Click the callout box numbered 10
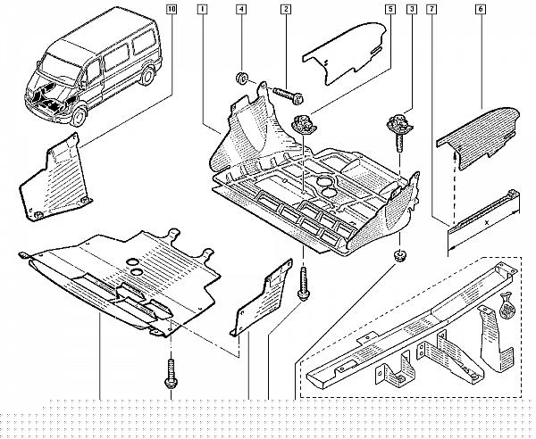click(x=172, y=9)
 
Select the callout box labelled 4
click(x=241, y=9)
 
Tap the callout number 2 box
click(x=286, y=9)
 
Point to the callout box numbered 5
click(x=390, y=9)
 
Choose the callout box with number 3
click(x=412, y=9)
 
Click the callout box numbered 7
click(x=431, y=9)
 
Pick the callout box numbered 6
click(x=481, y=9)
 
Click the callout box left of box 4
click(x=203, y=9)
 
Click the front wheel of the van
click(x=79, y=116)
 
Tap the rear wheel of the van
click(x=147, y=76)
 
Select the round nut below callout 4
click(x=242, y=79)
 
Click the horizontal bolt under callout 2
click(x=288, y=95)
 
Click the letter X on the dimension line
click(x=488, y=222)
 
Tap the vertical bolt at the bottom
click(x=171, y=374)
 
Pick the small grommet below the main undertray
click(x=398, y=256)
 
